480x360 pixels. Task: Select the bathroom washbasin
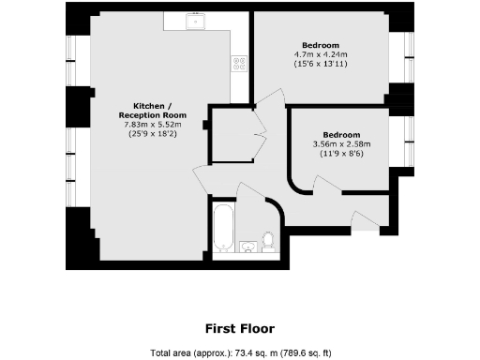[x=248, y=247]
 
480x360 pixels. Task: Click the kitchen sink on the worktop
[x=198, y=20]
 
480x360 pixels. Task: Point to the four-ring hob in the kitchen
[x=240, y=64]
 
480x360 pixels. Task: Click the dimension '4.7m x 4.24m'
[x=321, y=54]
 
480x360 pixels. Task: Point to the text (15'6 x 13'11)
[x=321, y=65]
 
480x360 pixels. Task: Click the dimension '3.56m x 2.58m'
[x=342, y=144]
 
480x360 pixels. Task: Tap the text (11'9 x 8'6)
[x=342, y=155]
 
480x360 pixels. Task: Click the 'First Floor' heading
[x=240, y=328]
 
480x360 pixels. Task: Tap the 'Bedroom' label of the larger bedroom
[x=321, y=44]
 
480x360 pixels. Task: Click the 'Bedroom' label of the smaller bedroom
[x=342, y=134]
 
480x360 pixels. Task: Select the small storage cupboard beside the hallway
[x=227, y=135]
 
